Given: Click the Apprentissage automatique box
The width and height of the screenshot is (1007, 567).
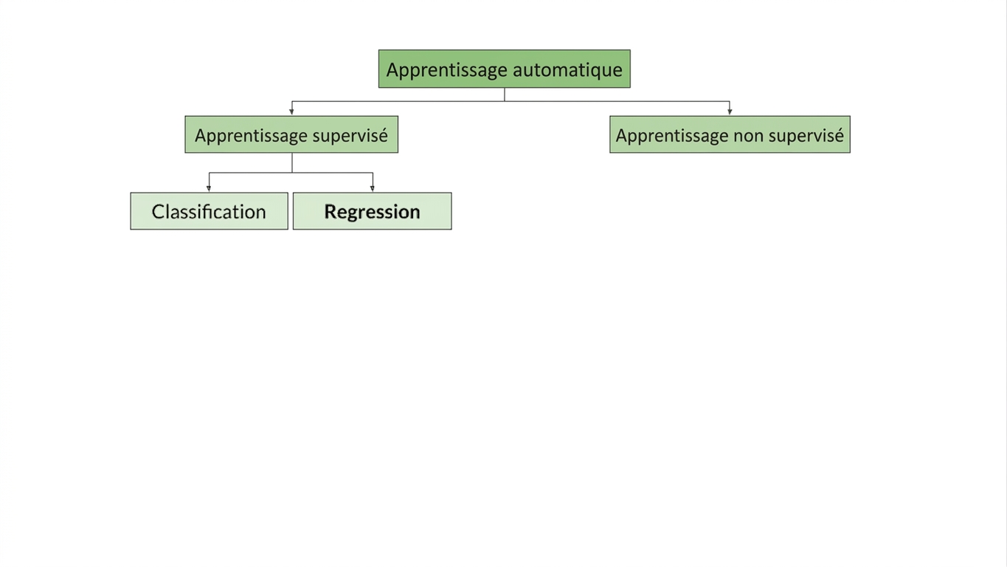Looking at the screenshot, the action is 505,69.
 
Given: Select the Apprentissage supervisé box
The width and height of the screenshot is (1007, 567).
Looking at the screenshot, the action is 291,134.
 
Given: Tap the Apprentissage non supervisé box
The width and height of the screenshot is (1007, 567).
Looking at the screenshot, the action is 730,134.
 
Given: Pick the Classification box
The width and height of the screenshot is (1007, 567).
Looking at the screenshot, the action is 209,211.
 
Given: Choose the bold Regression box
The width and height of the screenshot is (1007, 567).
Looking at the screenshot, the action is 373,211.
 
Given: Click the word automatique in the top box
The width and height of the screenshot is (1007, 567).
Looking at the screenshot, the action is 567,70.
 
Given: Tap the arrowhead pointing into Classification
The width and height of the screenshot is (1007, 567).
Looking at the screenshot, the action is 209,188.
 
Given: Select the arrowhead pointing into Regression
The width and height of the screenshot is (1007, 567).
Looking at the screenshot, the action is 373,188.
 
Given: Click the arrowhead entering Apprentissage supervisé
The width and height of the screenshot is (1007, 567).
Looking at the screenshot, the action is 291,111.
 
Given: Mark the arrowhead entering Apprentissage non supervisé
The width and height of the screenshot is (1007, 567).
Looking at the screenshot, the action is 730,111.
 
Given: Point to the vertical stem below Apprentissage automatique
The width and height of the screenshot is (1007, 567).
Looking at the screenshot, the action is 505,94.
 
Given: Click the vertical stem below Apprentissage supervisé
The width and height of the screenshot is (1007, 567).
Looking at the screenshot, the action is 291,163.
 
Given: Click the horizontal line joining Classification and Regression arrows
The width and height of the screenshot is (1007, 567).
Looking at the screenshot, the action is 291,173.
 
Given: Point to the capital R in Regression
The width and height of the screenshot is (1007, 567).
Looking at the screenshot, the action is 331,211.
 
